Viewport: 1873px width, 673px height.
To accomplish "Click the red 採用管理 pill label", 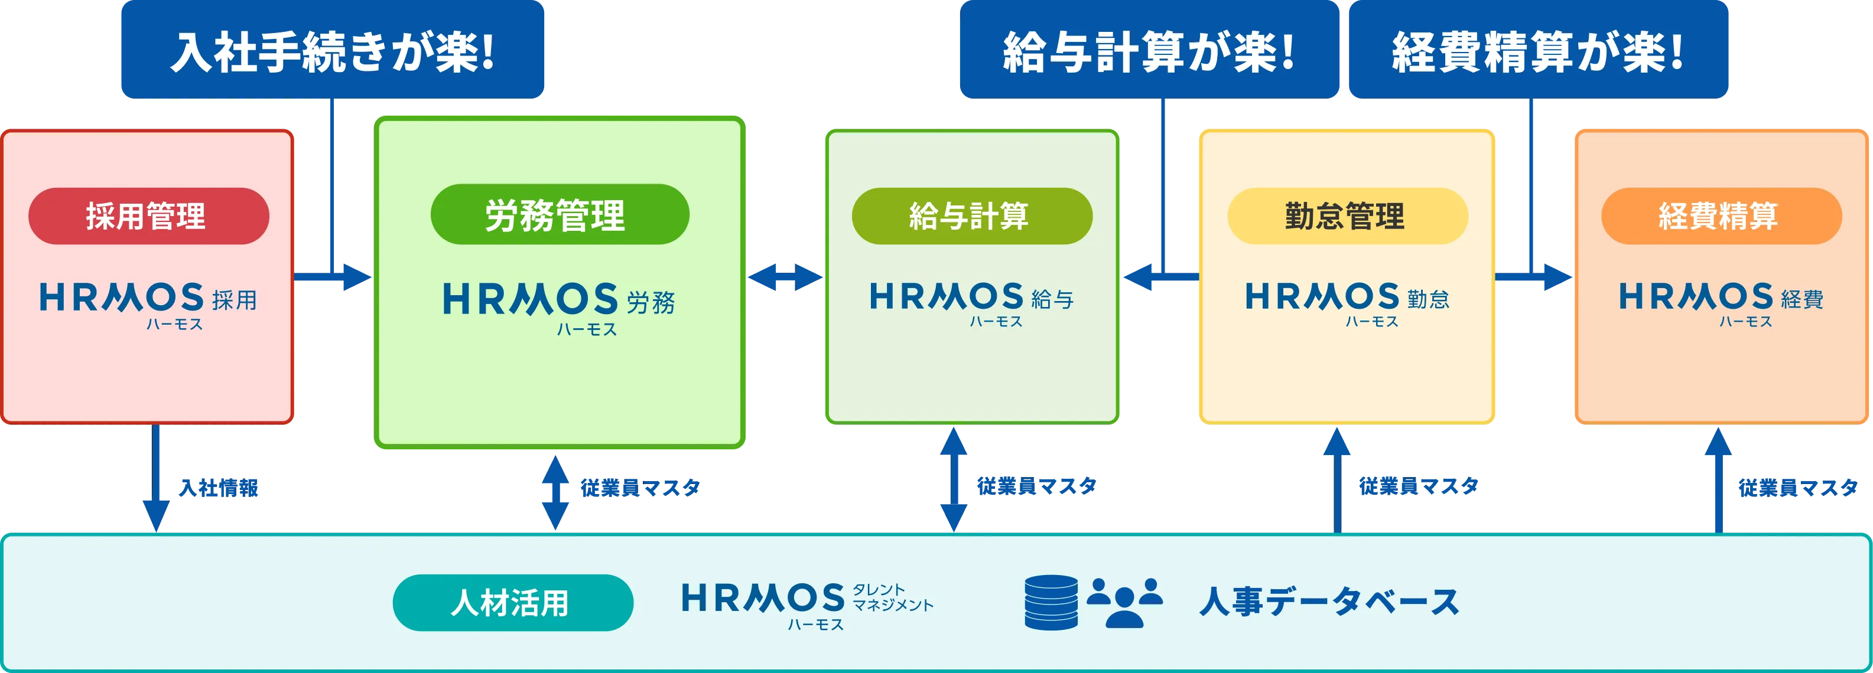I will click(x=148, y=216).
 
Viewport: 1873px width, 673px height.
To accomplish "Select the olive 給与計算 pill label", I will click(x=971, y=216).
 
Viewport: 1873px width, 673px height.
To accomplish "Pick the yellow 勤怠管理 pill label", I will click(x=1347, y=216).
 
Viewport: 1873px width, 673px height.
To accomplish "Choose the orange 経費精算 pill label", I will click(x=1721, y=216).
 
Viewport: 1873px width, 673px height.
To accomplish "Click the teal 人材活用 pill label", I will click(x=513, y=603).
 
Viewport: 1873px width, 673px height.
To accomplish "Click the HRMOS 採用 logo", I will click(x=148, y=304).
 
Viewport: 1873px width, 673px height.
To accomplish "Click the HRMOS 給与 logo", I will click(x=971, y=302).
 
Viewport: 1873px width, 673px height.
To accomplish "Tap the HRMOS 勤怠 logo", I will click(x=1347, y=302).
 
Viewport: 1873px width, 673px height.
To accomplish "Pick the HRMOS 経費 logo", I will click(x=1721, y=302).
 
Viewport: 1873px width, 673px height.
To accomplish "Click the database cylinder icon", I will click(x=1051, y=603).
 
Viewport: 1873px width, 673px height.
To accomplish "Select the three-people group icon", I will click(x=1124, y=603).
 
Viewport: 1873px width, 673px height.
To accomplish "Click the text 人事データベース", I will click(x=1328, y=603).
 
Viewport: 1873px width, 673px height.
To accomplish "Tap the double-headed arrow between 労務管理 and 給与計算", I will click(x=785, y=277).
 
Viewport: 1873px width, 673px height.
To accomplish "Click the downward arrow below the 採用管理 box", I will click(x=155, y=480).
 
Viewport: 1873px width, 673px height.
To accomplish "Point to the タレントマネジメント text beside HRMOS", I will click(x=892, y=597).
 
